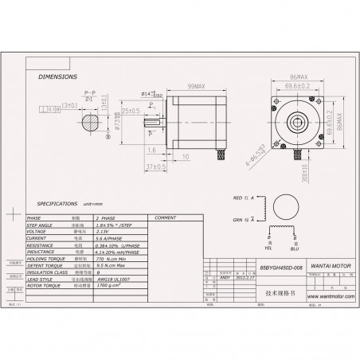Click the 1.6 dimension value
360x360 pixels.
pyautogui.click(x=151, y=149)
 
